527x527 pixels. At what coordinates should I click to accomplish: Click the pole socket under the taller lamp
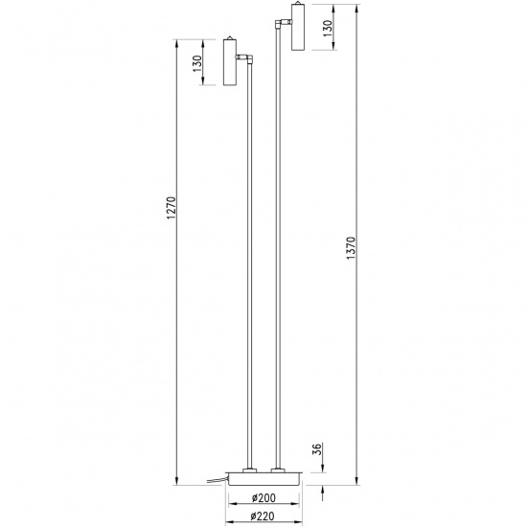[279, 469]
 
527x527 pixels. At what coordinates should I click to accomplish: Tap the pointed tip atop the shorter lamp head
[230, 38]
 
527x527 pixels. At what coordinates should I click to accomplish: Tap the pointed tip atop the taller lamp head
[297, 3]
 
